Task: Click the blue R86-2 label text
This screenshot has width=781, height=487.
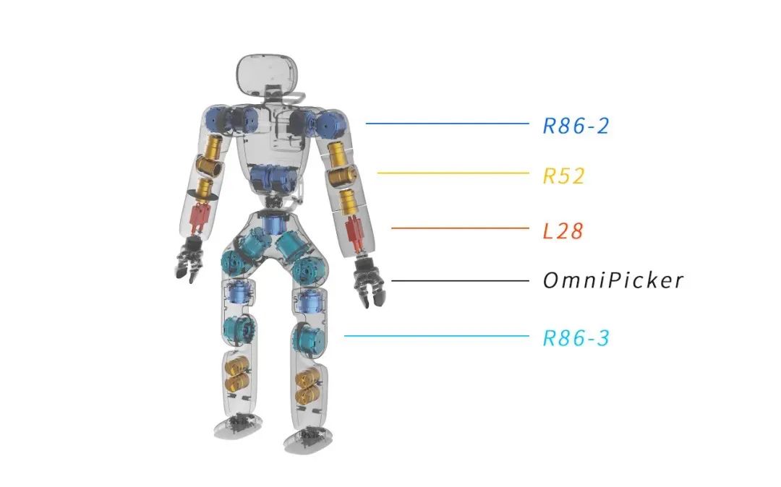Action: [576, 126]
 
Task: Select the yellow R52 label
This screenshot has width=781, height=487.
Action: [563, 176]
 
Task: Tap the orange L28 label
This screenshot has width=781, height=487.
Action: [563, 231]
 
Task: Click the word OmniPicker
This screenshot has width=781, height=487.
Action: [613, 280]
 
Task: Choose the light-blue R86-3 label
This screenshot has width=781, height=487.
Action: [576, 337]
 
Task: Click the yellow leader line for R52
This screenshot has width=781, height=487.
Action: [453, 173]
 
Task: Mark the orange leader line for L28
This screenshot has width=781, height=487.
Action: [460, 228]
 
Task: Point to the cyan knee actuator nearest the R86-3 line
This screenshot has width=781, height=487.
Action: [309, 337]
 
